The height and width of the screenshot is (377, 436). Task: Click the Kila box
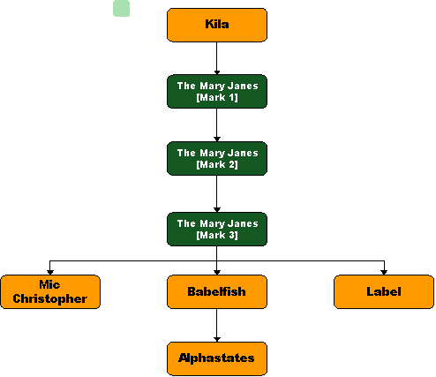[x=217, y=25]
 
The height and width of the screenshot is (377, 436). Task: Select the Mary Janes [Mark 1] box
[x=217, y=92]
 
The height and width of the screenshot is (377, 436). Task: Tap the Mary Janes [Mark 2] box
[x=217, y=159]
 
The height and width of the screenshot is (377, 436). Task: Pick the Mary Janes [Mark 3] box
[x=217, y=230]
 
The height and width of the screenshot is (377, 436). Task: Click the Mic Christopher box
[x=50, y=292]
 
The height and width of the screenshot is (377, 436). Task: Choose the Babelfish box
[x=217, y=292]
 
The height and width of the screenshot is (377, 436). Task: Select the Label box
[x=384, y=292]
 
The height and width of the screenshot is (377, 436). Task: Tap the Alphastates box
[x=217, y=358]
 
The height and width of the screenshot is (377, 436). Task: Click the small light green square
[x=121, y=9]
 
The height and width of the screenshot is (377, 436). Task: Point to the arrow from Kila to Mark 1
[x=217, y=58]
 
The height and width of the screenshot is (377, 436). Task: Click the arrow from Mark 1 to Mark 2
[x=217, y=125]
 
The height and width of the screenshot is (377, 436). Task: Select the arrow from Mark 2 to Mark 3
[x=217, y=194]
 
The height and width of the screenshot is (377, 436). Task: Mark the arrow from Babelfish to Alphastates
[x=217, y=325]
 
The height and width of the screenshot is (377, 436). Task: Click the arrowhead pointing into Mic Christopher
[x=50, y=273]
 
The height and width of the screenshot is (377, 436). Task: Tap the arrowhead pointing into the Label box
[x=384, y=273]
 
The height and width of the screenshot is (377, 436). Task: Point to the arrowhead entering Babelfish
[x=217, y=273]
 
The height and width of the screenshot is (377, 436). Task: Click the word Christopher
[x=50, y=299]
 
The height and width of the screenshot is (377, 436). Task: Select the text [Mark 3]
[x=217, y=235]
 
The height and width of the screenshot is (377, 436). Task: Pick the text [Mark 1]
[x=217, y=97]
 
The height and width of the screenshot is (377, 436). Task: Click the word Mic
[x=49, y=284]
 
